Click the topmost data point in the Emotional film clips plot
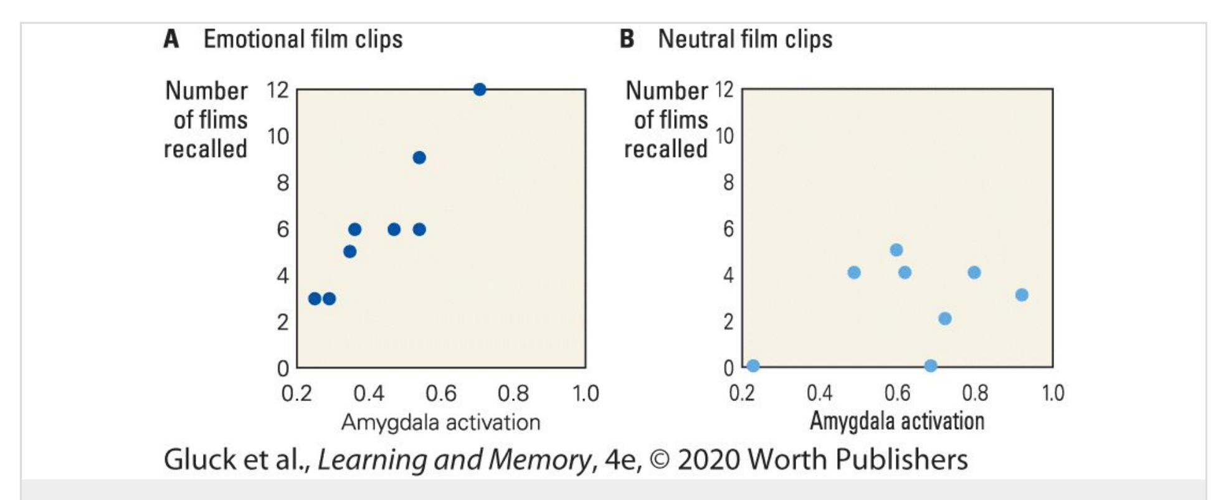click(x=479, y=90)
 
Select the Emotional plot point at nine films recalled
click(x=419, y=158)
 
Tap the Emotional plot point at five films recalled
click(x=350, y=252)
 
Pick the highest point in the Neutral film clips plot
click(x=896, y=250)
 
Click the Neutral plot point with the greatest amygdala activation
click(x=1022, y=295)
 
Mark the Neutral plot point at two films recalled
click(x=945, y=319)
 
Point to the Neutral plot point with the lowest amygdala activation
click(x=753, y=366)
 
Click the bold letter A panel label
click(x=171, y=39)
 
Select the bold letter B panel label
click(x=627, y=39)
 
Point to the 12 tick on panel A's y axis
click(x=278, y=90)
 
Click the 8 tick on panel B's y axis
click(x=728, y=182)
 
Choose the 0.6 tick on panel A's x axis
click(x=440, y=394)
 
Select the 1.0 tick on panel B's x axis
click(x=1053, y=394)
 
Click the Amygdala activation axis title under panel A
click(x=440, y=422)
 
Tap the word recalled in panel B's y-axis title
click(x=666, y=149)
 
